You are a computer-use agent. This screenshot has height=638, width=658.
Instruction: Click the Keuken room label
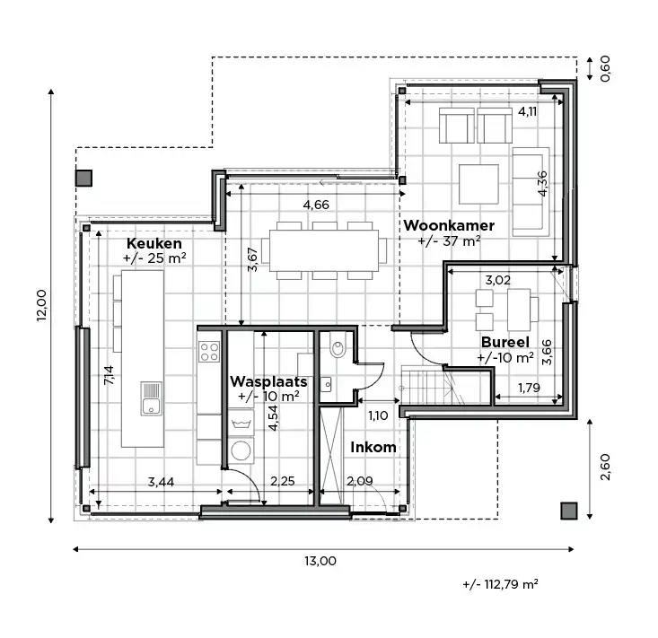[x=154, y=243]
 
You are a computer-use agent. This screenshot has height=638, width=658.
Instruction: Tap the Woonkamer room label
[x=443, y=224]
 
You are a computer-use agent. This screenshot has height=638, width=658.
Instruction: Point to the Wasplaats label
[x=268, y=381]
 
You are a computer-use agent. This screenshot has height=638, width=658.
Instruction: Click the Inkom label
[x=372, y=447]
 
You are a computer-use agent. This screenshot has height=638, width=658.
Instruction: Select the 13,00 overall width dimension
[x=320, y=563]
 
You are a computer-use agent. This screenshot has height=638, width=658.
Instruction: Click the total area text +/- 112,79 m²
[x=500, y=585]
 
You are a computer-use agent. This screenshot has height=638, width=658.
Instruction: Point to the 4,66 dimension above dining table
[x=316, y=205]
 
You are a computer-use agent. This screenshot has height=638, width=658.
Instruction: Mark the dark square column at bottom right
[x=567, y=511]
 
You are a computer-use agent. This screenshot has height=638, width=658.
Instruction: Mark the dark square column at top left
[x=83, y=178]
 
